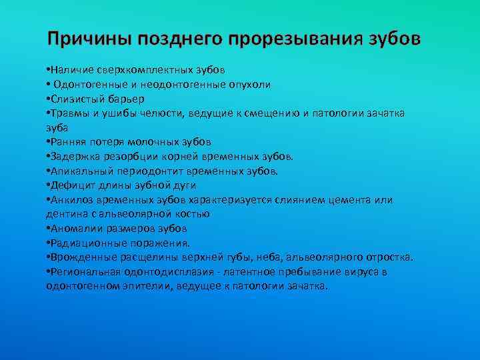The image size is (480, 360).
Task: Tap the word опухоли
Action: pos(247,85)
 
